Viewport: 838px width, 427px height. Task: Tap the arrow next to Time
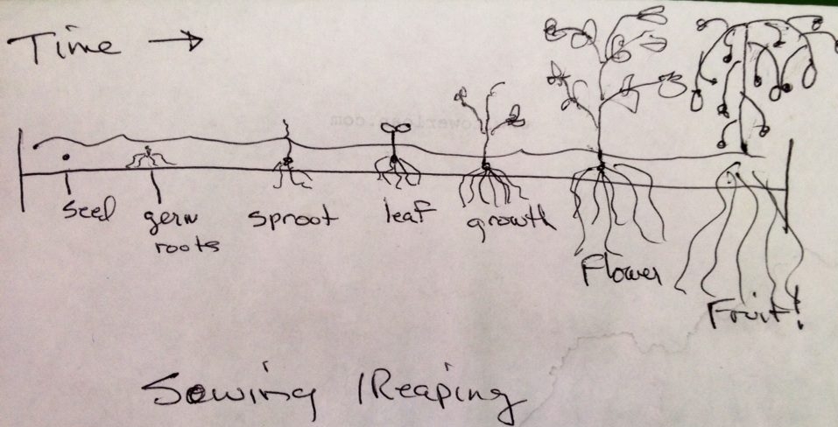coord(180,42)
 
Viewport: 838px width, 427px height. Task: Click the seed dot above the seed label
coord(65,158)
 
